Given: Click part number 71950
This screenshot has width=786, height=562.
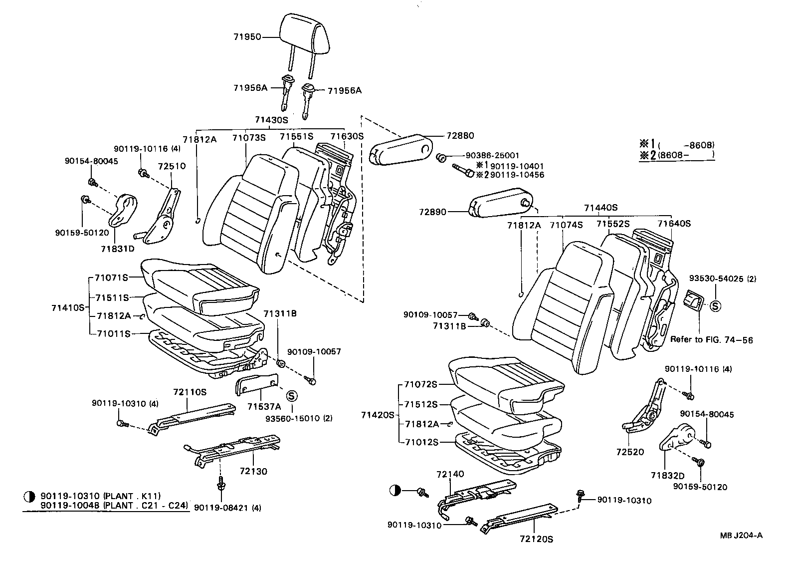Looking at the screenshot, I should pyautogui.click(x=247, y=36).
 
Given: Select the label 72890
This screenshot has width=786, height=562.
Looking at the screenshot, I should pyautogui.click(x=432, y=212).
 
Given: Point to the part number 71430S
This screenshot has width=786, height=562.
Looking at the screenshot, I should pyautogui.click(x=271, y=120).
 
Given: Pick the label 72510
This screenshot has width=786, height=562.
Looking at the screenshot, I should pyautogui.click(x=172, y=166).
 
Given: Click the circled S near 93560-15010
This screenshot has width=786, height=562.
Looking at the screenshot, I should pyautogui.click(x=292, y=395).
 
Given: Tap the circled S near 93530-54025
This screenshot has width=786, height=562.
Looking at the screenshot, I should pyautogui.click(x=715, y=306).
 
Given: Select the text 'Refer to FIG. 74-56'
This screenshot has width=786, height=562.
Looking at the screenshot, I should pyautogui.click(x=711, y=340).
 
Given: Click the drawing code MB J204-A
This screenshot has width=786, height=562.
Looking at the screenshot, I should pyautogui.click(x=741, y=536).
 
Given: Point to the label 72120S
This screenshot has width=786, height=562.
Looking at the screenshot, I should pyautogui.click(x=536, y=539).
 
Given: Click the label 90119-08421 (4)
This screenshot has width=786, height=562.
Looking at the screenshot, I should pyautogui.click(x=227, y=508).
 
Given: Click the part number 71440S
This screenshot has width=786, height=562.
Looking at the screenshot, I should pyautogui.click(x=601, y=207).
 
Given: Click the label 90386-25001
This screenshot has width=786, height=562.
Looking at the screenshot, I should pyautogui.click(x=492, y=156).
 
